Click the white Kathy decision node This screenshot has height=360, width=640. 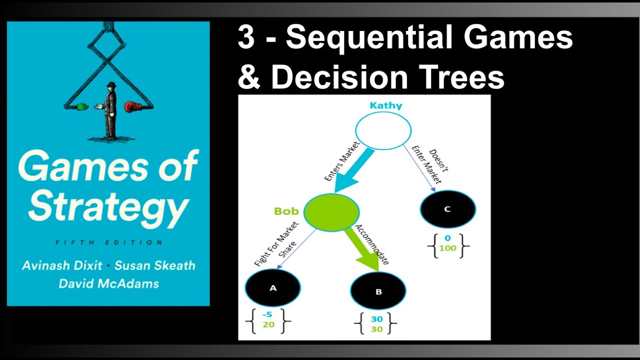pyautogui.click(x=383, y=130)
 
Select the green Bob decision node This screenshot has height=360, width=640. pyautogui.click(x=331, y=212)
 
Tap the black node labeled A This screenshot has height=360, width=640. pyautogui.click(x=272, y=287)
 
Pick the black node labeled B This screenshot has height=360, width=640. pyautogui.click(x=378, y=291)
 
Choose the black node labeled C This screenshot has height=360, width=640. pyautogui.click(x=447, y=209)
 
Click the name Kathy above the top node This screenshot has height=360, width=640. pyautogui.click(x=385, y=105)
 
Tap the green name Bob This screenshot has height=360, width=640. pyautogui.click(x=286, y=211)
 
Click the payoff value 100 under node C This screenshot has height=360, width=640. pyautogui.click(x=448, y=248)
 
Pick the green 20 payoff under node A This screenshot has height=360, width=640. pyautogui.click(x=268, y=324)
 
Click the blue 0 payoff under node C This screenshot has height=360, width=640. pyautogui.click(x=448, y=238)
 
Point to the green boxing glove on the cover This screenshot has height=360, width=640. pyautogui.click(x=82, y=106)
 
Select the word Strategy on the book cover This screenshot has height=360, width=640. pyautogui.click(x=108, y=205)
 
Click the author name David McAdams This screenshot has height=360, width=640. pyautogui.click(x=108, y=283)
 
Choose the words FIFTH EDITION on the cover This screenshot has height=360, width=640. pyautogui.click(x=108, y=242)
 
